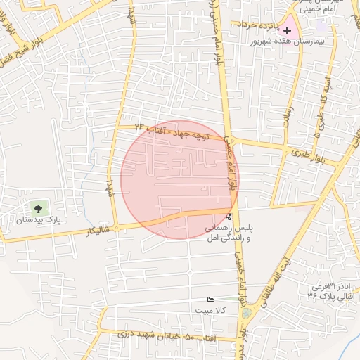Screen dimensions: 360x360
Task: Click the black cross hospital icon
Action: coord(287,30)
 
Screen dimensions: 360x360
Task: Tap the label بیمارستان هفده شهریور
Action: coord(285,42)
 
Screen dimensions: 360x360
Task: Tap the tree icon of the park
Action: coord(38,208)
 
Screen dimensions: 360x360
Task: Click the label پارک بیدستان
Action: coord(39,220)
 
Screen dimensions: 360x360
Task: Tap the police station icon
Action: coord(229,217)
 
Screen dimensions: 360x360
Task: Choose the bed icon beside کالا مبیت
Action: coord(210,300)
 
